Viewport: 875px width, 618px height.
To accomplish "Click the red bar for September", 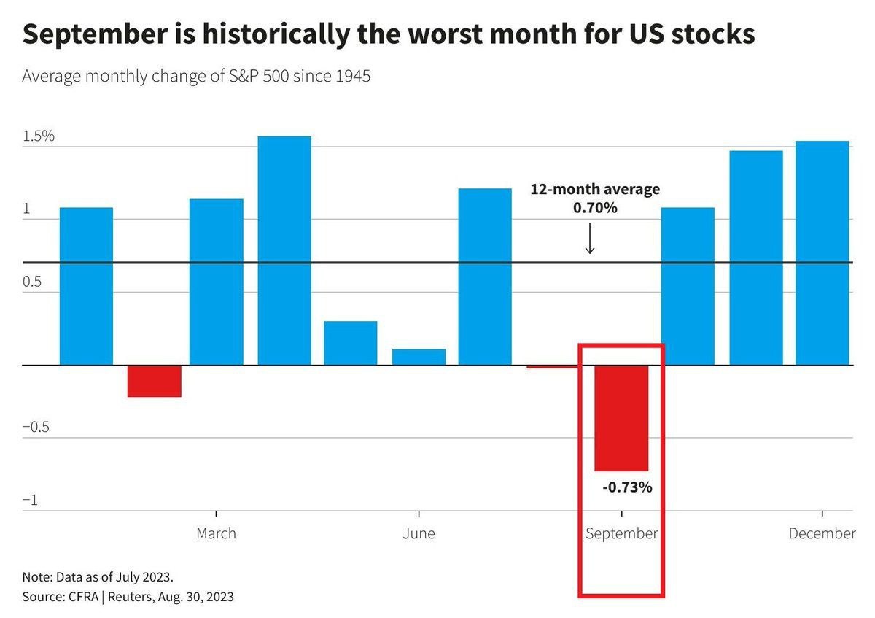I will point(621,418).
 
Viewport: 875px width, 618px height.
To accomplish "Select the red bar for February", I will point(154,381).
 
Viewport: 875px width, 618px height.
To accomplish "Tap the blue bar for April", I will point(284,250).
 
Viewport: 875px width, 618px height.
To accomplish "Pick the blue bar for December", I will point(822,252).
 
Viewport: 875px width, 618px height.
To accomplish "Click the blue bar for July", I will point(485,277).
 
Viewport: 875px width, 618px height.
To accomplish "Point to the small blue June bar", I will point(419,357).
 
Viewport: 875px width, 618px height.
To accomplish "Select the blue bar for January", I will point(86,286).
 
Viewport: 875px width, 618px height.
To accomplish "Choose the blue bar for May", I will point(351,343).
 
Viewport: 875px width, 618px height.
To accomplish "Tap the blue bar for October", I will point(688,286).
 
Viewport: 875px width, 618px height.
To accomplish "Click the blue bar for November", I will point(756,258).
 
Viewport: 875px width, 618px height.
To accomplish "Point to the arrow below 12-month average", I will point(590,239).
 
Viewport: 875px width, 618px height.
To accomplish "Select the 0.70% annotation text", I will point(595,208).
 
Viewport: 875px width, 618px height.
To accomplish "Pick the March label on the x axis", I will point(216,533).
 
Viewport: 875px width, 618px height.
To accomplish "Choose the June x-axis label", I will point(419,533).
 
